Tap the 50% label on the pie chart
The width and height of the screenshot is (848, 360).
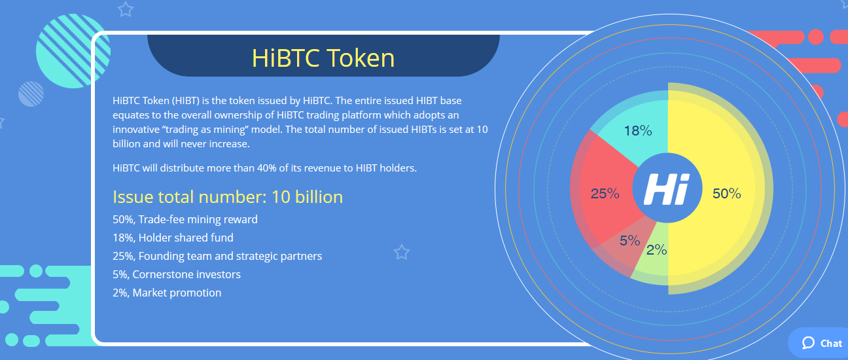(726, 194)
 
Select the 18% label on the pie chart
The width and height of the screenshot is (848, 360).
(638, 131)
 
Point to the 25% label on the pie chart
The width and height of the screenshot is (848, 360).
(605, 194)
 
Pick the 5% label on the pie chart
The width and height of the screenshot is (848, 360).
(630, 240)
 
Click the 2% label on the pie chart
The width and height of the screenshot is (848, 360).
(656, 250)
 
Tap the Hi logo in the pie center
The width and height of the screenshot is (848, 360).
(667, 189)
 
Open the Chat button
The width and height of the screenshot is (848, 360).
(820, 344)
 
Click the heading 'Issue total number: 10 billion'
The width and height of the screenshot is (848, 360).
(228, 197)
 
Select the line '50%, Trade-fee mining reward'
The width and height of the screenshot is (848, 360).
(185, 219)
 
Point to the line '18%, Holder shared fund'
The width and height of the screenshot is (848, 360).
(173, 238)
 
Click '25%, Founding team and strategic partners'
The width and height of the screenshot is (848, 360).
(217, 257)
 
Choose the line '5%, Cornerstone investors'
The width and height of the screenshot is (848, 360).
(177, 274)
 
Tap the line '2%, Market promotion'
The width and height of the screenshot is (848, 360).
(167, 293)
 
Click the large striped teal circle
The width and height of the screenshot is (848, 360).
(73, 51)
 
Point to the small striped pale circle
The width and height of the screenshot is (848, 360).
(31, 94)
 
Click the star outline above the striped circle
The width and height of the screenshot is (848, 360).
(126, 9)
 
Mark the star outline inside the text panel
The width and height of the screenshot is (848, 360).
(402, 252)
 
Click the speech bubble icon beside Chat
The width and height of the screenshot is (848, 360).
(808, 343)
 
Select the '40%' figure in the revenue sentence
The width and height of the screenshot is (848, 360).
(267, 168)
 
